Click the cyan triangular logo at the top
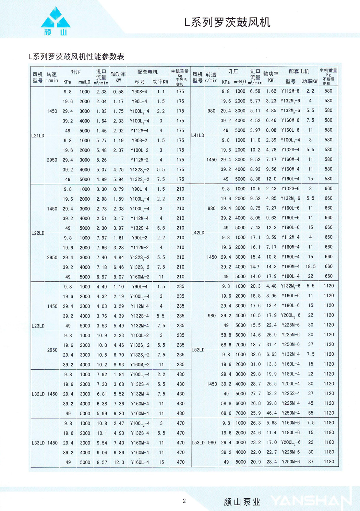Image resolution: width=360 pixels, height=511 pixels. click(56, 19)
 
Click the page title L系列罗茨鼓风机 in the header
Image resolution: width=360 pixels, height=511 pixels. click(227, 22)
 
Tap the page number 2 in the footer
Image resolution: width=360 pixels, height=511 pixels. click(184, 501)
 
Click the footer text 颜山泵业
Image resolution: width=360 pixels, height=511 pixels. click(242, 502)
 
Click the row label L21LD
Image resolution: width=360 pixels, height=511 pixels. click(38, 135)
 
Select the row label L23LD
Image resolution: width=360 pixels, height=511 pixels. click(38, 326)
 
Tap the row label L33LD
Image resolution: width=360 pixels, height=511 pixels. click(38, 443)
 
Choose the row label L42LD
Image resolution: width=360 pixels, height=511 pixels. click(198, 233)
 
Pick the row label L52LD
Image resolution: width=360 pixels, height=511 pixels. click(198, 350)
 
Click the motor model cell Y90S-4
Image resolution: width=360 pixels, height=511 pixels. click(139, 92)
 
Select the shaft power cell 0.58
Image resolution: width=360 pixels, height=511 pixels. click(118, 92)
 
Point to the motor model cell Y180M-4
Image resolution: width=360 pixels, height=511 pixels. click(290, 266)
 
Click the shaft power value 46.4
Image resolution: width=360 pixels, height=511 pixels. click(271, 413)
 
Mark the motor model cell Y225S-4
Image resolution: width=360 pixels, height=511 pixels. click(290, 393)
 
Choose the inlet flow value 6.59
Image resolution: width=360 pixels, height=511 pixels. click(255, 91)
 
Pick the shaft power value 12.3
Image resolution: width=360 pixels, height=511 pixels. click(119, 462)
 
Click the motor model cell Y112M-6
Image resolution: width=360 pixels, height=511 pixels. click(290, 91)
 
